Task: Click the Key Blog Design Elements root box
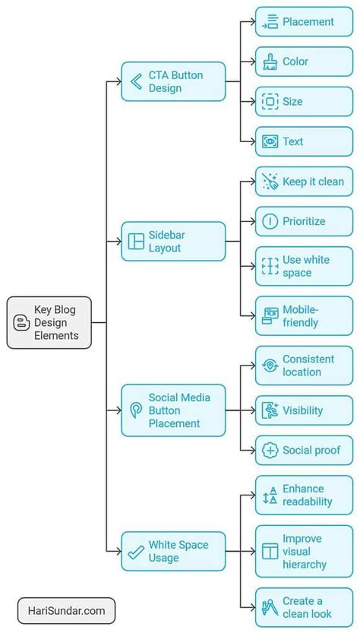point(49,322)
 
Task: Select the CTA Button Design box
point(173,81)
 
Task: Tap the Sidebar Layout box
point(173,242)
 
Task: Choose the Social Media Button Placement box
point(173,410)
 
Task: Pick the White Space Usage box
point(173,551)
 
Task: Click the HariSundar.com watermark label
point(67,610)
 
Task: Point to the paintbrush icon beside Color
point(270,62)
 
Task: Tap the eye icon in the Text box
point(270,141)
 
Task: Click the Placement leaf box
point(304,22)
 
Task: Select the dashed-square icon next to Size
point(270,101)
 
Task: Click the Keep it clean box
point(304,182)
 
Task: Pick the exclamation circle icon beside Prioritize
point(270,221)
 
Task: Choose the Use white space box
point(304,266)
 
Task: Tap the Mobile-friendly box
point(304,316)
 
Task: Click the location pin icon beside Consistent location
point(270,366)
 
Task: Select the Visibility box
point(304,410)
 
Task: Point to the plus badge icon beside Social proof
point(270,450)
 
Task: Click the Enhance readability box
point(304,495)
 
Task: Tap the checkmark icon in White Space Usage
point(137,551)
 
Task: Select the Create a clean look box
point(304,607)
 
